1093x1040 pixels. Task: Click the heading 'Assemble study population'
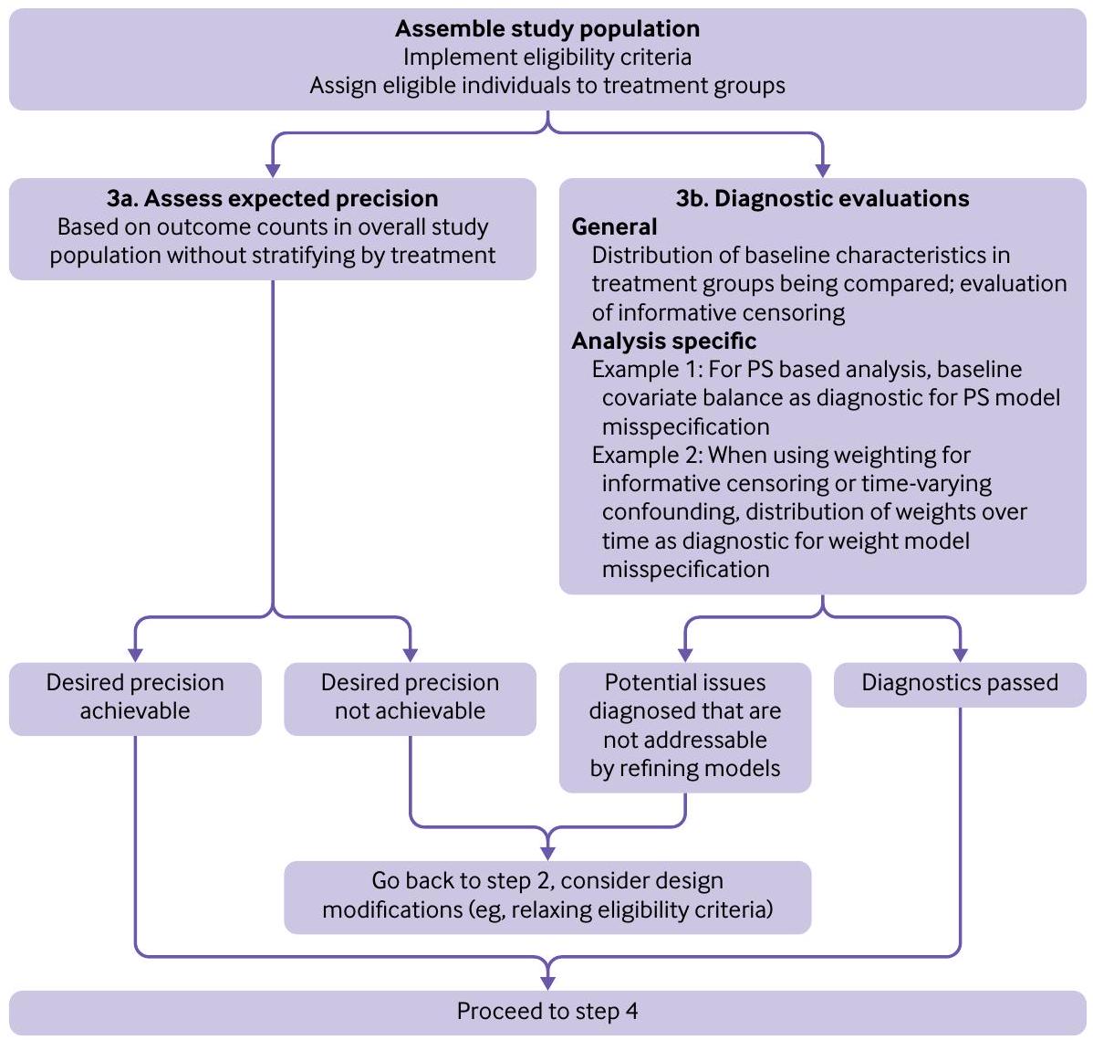tap(546, 28)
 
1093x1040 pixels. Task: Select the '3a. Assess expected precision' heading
tap(272, 198)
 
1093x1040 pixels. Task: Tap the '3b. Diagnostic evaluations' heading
tap(822, 198)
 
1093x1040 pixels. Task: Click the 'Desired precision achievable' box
tap(135, 698)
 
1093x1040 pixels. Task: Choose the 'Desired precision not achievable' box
tap(410, 698)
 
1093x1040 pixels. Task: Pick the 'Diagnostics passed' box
tap(960, 683)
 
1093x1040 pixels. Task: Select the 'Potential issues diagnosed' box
tap(684, 726)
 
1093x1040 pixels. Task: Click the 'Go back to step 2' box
tap(546, 896)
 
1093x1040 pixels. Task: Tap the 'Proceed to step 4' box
tap(546, 1012)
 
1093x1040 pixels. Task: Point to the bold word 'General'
tap(614, 226)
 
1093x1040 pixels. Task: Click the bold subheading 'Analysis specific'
tap(663, 341)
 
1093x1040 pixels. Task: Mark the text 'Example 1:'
tap(647, 369)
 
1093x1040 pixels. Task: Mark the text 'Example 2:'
tap(647, 455)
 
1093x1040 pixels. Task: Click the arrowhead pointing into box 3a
tap(272, 170)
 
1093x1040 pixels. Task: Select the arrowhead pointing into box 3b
tap(822, 170)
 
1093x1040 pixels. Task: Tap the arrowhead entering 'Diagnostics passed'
tap(960, 655)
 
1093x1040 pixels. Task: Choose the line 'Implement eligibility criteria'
tap(546, 57)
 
